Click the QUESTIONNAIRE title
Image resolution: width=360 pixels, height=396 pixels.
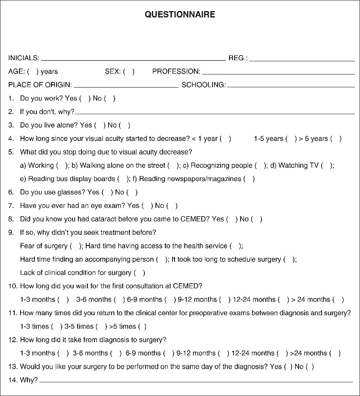click(x=180, y=15)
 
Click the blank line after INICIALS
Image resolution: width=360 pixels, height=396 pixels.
click(x=133, y=60)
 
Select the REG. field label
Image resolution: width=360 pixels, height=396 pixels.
click(x=238, y=58)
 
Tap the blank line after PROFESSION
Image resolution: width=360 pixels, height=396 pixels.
click(x=278, y=73)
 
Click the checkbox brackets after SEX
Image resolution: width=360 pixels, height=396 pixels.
click(x=129, y=72)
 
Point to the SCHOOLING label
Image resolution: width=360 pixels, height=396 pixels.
click(x=203, y=85)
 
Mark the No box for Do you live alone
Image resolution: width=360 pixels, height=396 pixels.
click(x=124, y=125)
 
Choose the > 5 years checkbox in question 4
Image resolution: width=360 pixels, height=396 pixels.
click(x=336, y=139)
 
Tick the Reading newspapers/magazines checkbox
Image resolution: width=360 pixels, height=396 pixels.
click(x=249, y=179)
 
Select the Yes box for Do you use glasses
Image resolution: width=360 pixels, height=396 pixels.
click(x=107, y=192)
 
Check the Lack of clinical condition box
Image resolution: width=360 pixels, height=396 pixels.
click(x=139, y=273)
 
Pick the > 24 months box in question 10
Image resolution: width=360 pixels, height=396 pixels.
click(x=338, y=300)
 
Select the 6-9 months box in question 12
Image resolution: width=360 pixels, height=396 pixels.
click(x=169, y=353)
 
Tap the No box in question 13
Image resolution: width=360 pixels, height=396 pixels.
click(x=310, y=367)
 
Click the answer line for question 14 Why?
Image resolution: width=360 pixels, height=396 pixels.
click(x=196, y=381)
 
